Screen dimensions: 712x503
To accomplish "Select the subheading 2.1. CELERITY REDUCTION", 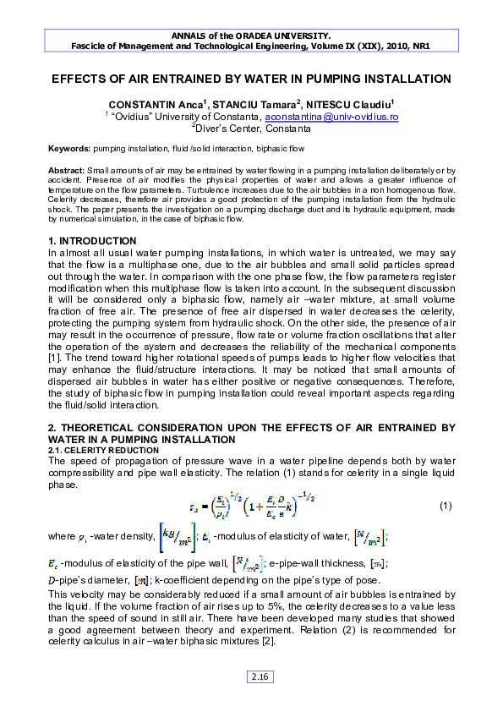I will click(88, 451).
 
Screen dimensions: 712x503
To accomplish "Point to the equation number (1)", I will click(447, 507).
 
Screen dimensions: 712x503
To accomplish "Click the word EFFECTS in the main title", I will click(82, 79).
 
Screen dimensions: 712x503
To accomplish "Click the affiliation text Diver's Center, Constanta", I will click(253, 129).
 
